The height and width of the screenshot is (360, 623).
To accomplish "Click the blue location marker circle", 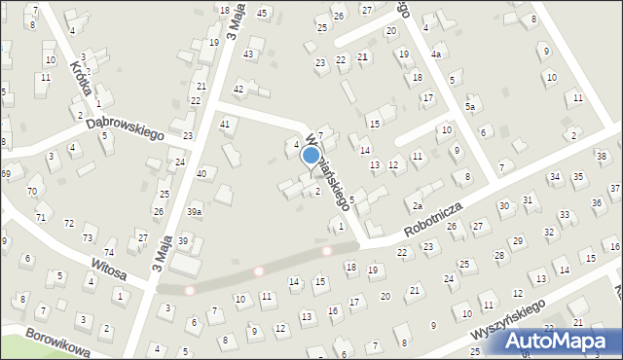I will coord(311,156).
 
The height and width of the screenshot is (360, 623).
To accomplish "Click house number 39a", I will coord(195,211).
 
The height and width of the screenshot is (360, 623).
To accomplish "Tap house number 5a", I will coord(471,106).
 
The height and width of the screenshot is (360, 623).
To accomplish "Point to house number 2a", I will coord(416,205).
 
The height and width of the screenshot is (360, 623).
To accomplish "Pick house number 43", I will coord(248,54).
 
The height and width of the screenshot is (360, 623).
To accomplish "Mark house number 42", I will coord(238,89).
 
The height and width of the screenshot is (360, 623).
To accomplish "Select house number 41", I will coord(225,124).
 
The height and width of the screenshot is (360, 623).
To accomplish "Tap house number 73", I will coord(88,238).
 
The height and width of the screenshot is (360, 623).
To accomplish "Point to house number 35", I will coord(578,177).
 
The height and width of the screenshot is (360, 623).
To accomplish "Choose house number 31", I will coord(528,199).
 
